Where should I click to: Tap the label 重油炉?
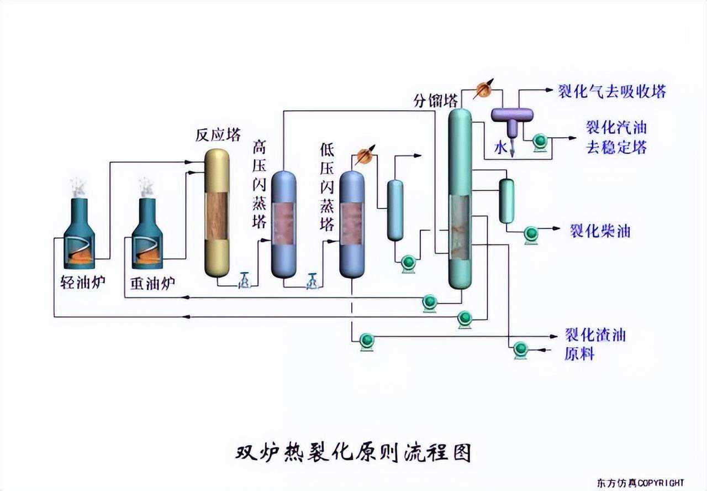click(153, 283)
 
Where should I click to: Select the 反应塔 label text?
click(218, 135)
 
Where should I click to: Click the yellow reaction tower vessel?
click(217, 213)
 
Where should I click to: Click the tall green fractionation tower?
click(460, 199)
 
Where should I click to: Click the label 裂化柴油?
click(600, 231)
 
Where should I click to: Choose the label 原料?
click(579, 353)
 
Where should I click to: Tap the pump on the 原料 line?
click(520, 349)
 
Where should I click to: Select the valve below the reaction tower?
click(244, 281)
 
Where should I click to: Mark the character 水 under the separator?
click(500, 147)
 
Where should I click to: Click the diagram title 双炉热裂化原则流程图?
click(353, 452)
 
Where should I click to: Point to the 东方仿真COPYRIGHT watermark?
click(640, 483)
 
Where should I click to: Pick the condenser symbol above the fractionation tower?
click(484, 90)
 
